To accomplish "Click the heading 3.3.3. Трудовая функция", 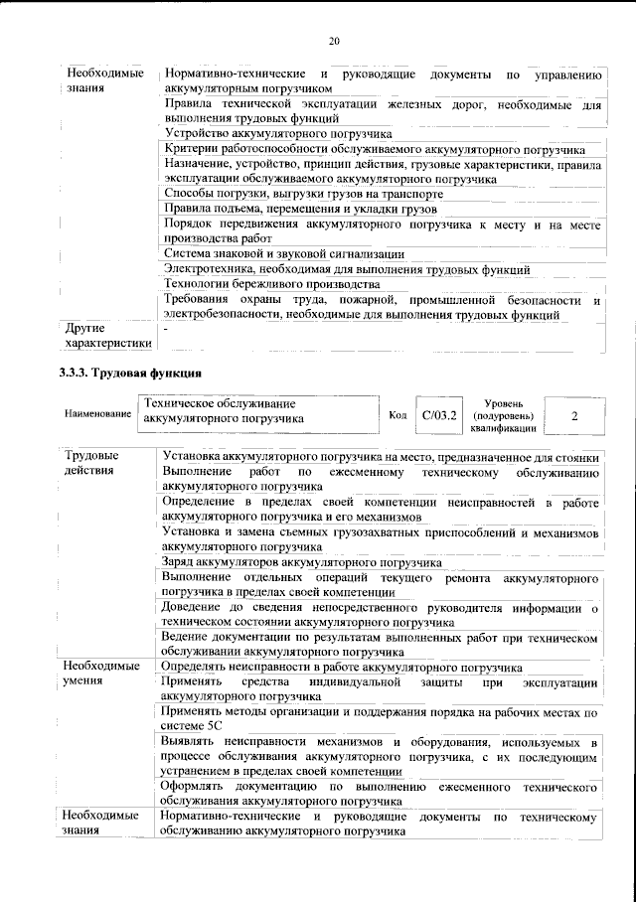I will pos(129,374).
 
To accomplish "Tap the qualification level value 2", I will pos(573,415).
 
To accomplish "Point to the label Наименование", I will pos(97,412).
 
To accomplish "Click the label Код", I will pos(397,415).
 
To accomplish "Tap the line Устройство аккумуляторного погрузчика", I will pos(277,133).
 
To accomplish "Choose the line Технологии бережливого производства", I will pos(275,284).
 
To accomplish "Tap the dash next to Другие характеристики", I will pos(166,328).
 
